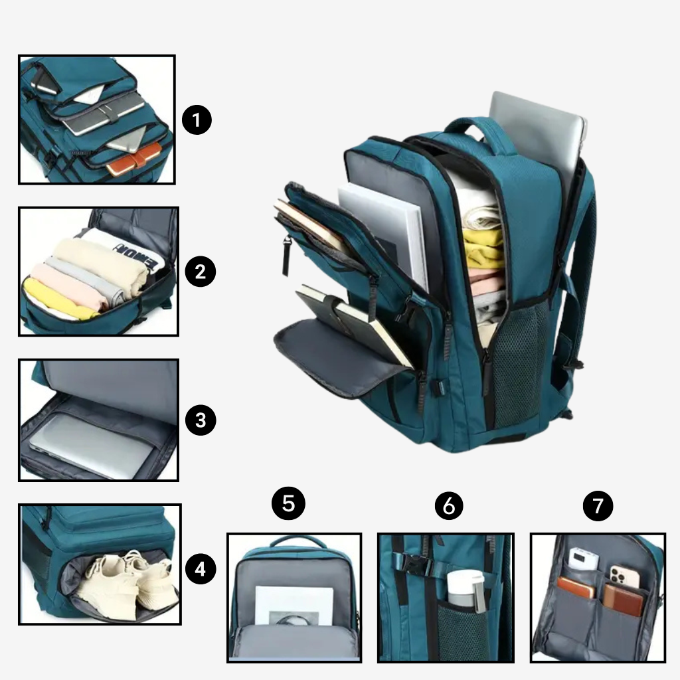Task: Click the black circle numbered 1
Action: tap(197, 120)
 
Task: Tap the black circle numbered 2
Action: tap(200, 272)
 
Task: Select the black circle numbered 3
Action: tap(201, 420)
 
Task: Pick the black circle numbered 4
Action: tap(201, 568)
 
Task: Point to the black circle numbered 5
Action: tap(288, 503)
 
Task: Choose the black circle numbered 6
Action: tap(449, 505)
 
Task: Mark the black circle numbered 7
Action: tap(598, 505)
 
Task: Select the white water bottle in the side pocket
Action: tap(466, 590)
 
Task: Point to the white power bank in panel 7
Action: tap(583, 559)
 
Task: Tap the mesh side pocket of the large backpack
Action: tap(518, 362)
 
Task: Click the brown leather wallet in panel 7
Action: tap(623, 600)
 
